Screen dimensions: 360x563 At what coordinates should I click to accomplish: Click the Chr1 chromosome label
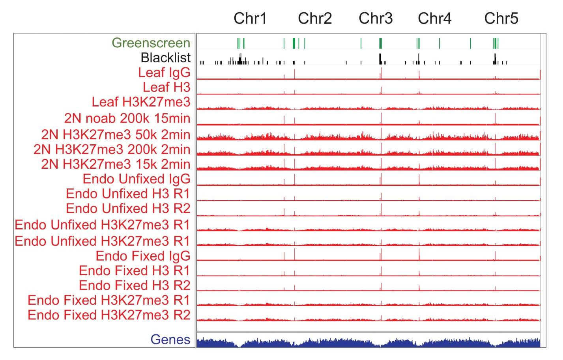click(x=250, y=19)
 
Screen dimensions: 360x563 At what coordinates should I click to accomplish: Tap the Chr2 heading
click(x=315, y=19)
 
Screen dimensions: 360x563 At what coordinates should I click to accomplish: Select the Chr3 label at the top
click(x=376, y=19)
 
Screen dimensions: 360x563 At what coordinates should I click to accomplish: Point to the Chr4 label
click(x=434, y=19)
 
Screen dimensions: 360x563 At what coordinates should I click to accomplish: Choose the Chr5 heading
click(x=501, y=19)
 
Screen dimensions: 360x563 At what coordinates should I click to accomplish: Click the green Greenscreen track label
click(x=151, y=43)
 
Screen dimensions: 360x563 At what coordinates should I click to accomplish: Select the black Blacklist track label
click(x=166, y=58)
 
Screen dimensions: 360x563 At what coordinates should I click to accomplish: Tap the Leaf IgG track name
click(x=164, y=73)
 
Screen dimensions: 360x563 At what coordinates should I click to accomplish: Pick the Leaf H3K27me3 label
click(x=141, y=102)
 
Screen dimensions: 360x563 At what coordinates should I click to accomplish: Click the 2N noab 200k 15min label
click(x=127, y=118)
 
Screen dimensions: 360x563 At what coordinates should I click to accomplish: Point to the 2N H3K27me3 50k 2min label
click(x=116, y=135)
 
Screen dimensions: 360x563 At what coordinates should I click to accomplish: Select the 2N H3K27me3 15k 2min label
click(x=116, y=164)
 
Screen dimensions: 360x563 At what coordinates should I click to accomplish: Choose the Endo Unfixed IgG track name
click(x=137, y=179)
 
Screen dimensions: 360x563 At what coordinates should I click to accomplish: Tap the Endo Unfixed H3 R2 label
click(x=128, y=209)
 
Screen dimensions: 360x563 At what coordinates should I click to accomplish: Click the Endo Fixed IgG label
click(x=143, y=256)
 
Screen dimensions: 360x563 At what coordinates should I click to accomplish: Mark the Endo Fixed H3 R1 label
click(x=135, y=271)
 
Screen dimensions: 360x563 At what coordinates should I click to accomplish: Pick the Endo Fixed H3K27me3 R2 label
click(x=109, y=315)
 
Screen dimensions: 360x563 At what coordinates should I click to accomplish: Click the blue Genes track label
click(x=170, y=339)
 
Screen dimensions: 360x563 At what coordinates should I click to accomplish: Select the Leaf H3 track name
click(x=166, y=87)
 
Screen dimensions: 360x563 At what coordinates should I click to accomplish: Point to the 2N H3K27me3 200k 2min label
click(x=112, y=149)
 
